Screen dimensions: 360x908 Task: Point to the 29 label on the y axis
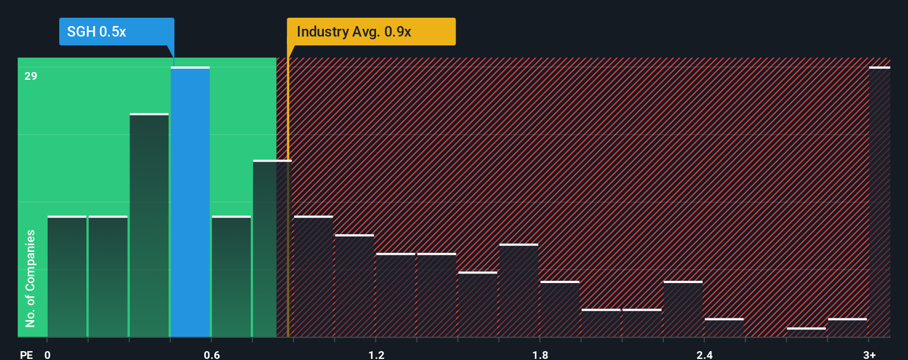click(31, 76)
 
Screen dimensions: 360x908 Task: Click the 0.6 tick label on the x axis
click(212, 354)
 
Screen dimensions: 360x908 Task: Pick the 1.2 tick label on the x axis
click(376, 354)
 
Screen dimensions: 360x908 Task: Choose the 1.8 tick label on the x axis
click(540, 354)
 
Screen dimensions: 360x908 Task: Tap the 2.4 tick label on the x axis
click(704, 354)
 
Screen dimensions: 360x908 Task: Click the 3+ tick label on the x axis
click(869, 354)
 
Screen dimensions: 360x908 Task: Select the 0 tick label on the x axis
click(48, 354)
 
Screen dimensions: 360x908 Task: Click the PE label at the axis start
click(27, 354)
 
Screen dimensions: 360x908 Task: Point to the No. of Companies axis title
click(30, 278)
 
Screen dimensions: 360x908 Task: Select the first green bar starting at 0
click(67, 276)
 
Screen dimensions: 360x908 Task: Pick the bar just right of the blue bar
click(231, 276)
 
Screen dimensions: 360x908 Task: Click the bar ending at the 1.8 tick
click(519, 290)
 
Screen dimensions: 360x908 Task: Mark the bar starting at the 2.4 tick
click(724, 328)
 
